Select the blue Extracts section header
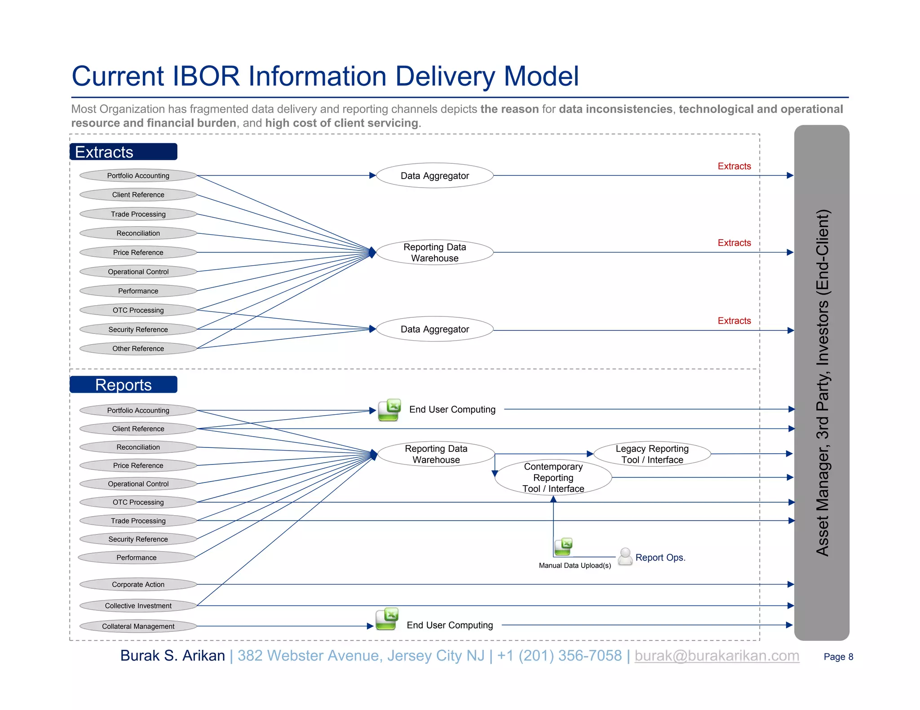click(x=124, y=152)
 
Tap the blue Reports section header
click(x=124, y=385)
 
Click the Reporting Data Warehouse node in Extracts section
click(x=434, y=252)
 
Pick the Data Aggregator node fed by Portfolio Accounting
click(x=434, y=175)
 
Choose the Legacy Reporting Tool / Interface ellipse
click(x=652, y=454)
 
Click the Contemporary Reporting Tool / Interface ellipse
click(x=553, y=478)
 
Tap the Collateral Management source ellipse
click(x=138, y=626)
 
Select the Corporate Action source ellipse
click(x=138, y=584)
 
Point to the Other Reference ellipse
click(x=138, y=348)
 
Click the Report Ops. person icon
click(x=625, y=556)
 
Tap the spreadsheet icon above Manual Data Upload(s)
click(x=563, y=546)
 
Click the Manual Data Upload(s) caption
click(x=575, y=565)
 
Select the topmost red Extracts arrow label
click(x=734, y=166)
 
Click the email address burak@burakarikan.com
click(x=717, y=656)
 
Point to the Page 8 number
click(x=838, y=657)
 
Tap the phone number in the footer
click(x=559, y=656)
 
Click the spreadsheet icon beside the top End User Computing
click(x=389, y=410)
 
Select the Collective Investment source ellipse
click(x=138, y=605)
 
